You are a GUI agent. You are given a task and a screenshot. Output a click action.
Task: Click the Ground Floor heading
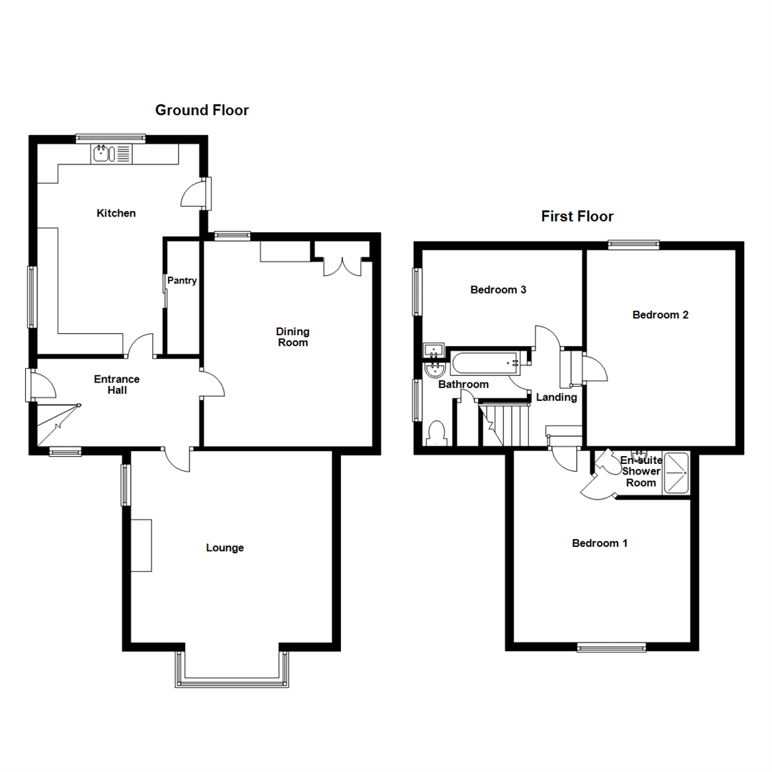[202, 110]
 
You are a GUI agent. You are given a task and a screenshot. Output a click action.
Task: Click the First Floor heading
[577, 217]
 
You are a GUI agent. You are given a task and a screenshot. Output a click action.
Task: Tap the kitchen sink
[104, 153]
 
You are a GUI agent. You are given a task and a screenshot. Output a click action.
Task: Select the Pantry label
[182, 281]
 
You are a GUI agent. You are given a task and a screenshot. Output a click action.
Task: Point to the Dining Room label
[293, 337]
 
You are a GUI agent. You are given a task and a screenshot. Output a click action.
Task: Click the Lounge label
[225, 548]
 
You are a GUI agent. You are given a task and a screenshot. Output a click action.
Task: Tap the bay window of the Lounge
[232, 679]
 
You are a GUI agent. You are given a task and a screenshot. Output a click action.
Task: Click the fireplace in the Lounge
[142, 545]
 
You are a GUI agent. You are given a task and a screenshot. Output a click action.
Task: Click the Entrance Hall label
[117, 385]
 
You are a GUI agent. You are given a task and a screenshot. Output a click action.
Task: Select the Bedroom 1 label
[600, 543]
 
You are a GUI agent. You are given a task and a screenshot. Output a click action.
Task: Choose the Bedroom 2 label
[660, 315]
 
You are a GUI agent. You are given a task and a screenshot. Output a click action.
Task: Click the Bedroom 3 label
[498, 290]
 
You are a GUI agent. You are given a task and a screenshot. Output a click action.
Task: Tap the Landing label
[556, 397]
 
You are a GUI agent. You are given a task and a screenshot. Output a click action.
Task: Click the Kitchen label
[116, 213]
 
